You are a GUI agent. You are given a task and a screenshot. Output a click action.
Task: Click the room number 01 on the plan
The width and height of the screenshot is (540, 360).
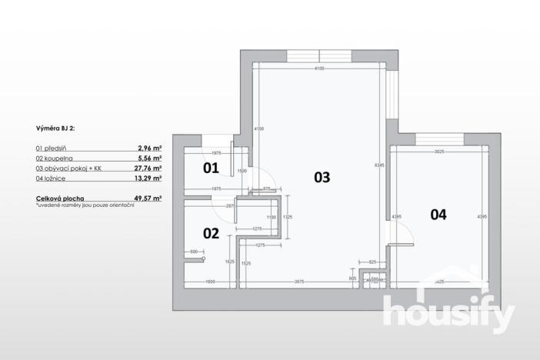pos(211,166)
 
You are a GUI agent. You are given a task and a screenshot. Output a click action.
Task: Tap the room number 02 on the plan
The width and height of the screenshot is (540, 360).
pos(211,232)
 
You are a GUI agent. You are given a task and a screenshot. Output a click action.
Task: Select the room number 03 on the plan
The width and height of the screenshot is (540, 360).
pos(322,177)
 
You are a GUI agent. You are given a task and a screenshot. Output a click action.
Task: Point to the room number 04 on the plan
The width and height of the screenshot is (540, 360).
pos(438,215)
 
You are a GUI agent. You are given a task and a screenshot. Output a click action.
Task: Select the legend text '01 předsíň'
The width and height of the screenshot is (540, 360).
pos(53,147)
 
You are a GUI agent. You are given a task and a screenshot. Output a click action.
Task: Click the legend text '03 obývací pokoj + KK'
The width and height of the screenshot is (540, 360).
pos(69,167)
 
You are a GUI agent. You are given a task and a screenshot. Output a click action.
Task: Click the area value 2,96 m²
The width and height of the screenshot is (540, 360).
pos(149,147)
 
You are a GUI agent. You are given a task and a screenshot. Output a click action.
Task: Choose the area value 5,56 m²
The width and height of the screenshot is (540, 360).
pos(149,157)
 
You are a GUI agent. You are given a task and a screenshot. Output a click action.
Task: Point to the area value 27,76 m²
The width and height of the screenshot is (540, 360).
pos(148,167)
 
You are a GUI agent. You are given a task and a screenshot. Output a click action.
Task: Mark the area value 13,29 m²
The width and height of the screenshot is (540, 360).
pos(148,178)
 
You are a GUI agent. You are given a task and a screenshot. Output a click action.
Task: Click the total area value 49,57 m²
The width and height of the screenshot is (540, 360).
pos(147,198)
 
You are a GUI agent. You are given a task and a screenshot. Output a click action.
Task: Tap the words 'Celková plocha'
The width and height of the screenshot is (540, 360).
pos(60,198)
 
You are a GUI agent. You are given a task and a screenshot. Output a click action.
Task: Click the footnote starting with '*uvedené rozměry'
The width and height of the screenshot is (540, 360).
pos(85,205)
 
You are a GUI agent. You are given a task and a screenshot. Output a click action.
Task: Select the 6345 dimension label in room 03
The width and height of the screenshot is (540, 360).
pos(378,165)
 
